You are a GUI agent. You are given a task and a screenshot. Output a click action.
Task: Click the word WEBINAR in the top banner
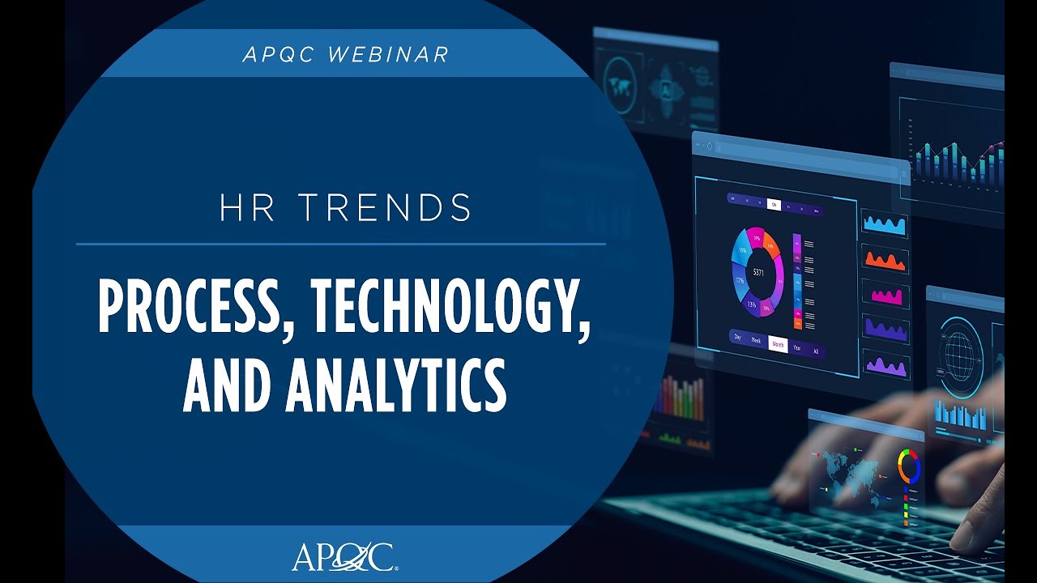pos(388,54)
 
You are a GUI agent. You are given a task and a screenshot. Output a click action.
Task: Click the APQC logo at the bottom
pos(344,558)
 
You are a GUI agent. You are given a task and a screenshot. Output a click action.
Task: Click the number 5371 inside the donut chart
pos(759,272)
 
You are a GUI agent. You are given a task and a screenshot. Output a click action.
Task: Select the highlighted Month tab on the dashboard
pos(778,343)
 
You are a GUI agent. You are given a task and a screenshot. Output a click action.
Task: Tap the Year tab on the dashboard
pos(797,348)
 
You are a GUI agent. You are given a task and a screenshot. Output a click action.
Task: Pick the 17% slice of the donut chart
pos(740,281)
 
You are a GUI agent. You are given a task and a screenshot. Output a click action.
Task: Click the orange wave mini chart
pos(884,260)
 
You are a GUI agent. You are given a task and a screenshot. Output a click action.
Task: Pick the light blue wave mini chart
pos(884,224)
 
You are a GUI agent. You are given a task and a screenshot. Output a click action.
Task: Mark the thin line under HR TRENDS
pos(341,243)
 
